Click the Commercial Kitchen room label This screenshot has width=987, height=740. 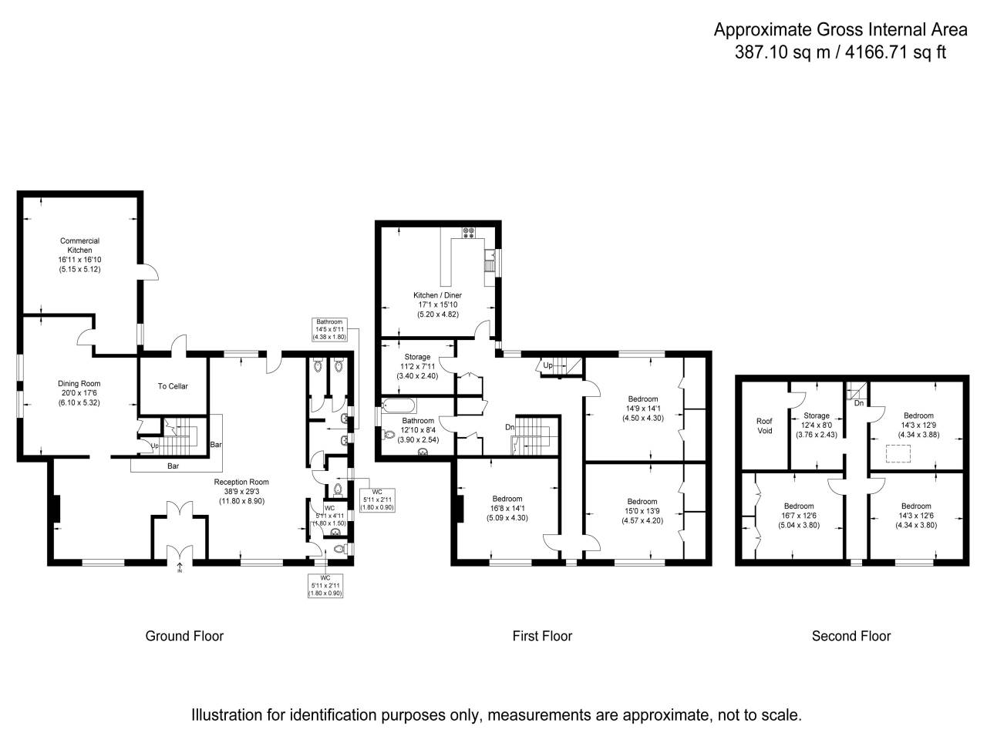pos(79,255)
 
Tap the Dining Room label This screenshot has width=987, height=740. pos(79,393)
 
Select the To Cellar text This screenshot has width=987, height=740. pos(173,386)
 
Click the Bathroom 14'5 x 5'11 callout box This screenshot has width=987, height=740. pos(329,329)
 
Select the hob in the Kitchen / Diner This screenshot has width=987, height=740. pos(468,232)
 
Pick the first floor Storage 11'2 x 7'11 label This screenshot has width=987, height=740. pos(417,366)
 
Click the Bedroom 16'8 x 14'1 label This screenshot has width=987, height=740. pos(507,508)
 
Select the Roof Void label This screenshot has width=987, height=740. pos(764,425)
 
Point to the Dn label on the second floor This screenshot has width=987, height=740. pos(858,403)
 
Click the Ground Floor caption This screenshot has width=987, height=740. pos(184,636)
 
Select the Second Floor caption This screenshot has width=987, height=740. pos(851,636)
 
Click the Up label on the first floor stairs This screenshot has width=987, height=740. pos(547,365)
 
